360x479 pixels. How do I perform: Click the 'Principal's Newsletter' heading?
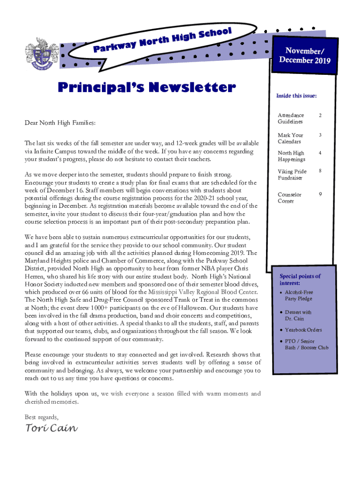tap(146, 87)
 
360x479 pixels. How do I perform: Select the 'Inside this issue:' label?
tap(296, 96)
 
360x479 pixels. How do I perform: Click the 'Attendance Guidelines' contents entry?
tap(291, 118)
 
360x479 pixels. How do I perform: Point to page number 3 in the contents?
tap(320, 135)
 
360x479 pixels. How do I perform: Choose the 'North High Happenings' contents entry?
tap(291, 156)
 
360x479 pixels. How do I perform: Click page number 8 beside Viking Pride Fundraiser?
tap(320, 172)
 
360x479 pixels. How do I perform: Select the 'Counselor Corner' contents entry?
tap(290, 198)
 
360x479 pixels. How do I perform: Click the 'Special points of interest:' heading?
tap(300, 280)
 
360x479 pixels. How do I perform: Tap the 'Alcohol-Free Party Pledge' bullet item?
tap(299, 295)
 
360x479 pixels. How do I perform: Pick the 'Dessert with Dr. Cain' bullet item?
tap(298, 315)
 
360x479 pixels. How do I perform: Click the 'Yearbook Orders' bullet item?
tap(303, 330)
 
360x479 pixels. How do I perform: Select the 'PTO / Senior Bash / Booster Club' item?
tap(306, 345)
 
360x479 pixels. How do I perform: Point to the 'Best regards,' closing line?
tap(42, 417)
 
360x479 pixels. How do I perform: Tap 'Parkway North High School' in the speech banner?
tap(163, 40)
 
